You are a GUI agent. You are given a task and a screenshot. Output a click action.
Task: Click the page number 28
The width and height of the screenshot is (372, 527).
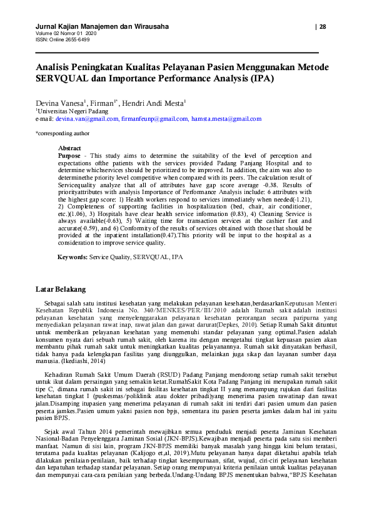[x=323, y=26]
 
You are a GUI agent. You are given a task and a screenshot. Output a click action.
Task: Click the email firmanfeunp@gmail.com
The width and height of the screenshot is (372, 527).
[x=154, y=118]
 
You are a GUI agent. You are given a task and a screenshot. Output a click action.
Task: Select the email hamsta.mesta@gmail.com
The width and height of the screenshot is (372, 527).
[x=226, y=118]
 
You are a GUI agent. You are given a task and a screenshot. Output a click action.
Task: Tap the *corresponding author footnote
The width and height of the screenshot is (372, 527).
[x=62, y=133]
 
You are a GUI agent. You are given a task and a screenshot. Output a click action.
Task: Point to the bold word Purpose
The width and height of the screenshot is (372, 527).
[x=69, y=155]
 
